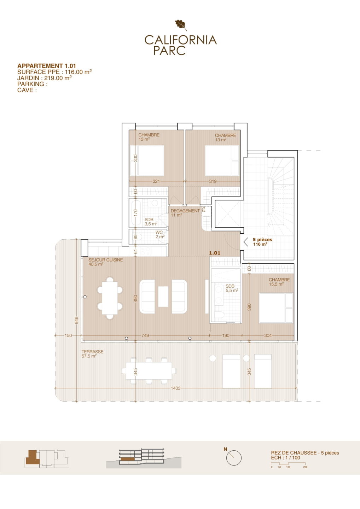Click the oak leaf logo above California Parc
[x=181, y=25]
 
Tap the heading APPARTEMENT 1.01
[x=47, y=66]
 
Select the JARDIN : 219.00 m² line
[x=45, y=78]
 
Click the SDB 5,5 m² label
[x=232, y=288]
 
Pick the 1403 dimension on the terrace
[x=176, y=388]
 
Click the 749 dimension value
[x=145, y=335]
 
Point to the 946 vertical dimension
[x=77, y=320]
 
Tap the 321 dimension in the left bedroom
[x=156, y=181]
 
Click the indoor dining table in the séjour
[x=110, y=298]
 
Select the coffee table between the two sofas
[x=163, y=297]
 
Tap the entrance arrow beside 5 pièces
[x=245, y=242]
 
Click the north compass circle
[x=234, y=458]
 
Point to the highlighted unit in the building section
[x=126, y=459]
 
